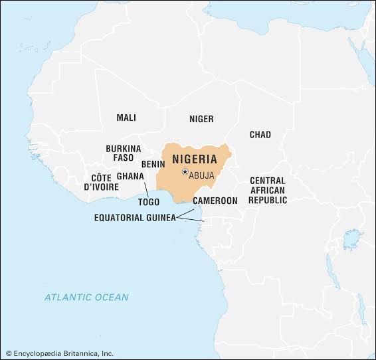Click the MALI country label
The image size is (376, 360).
[x=126, y=118]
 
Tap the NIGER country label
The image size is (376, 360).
[x=201, y=119]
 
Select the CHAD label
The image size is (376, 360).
[x=260, y=135]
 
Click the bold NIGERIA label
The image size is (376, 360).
[x=195, y=159]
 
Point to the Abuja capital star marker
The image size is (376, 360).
[x=185, y=172]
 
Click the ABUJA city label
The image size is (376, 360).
[x=201, y=175]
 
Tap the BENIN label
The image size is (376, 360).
[x=153, y=163]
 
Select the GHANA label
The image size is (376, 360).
[x=130, y=176]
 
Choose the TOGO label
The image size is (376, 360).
[x=149, y=202]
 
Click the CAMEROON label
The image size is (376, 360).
[x=215, y=201]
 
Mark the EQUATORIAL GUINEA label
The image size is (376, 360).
[x=135, y=217]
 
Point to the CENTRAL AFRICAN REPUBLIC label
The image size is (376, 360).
[x=268, y=190]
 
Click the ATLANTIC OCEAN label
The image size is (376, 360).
[x=86, y=297]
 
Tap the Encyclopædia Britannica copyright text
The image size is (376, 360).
[x=60, y=353]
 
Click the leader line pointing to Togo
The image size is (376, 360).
[x=146, y=187]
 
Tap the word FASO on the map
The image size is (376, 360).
[x=123, y=158]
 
